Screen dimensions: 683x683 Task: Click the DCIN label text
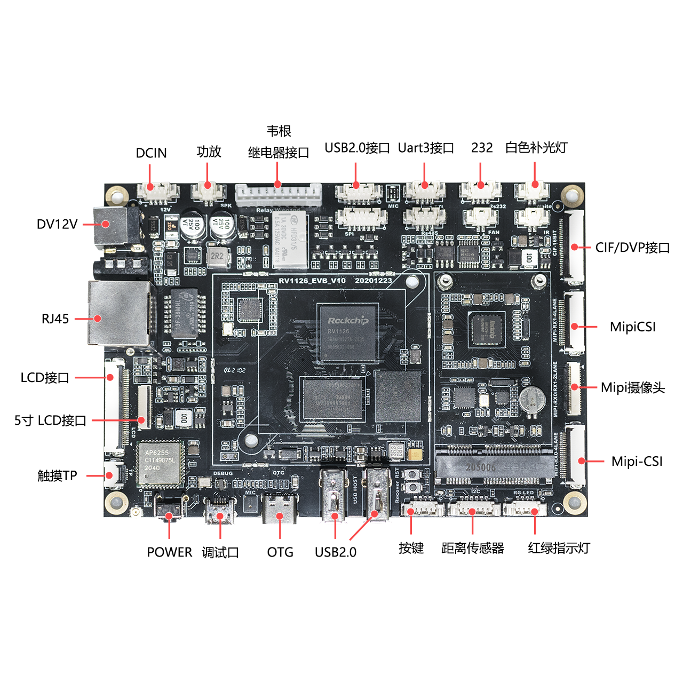click(151, 153)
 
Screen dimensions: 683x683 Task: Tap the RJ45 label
click(55, 319)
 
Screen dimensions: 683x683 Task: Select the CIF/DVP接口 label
click(632, 248)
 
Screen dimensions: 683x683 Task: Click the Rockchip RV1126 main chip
click(347, 333)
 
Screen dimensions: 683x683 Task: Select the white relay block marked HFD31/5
click(290, 240)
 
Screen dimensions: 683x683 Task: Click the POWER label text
click(169, 552)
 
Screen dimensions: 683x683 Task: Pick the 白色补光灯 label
click(536, 148)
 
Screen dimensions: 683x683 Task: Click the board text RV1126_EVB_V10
click(312, 281)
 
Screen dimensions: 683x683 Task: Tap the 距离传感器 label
click(472, 549)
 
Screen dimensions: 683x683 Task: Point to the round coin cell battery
click(533, 399)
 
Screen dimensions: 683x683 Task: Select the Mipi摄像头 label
click(632, 388)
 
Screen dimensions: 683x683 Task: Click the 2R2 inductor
click(217, 256)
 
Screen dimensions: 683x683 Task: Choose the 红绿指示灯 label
click(559, 549)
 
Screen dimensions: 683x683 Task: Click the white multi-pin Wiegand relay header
click(278, 195)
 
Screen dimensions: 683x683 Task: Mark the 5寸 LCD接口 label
click(50, 420)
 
